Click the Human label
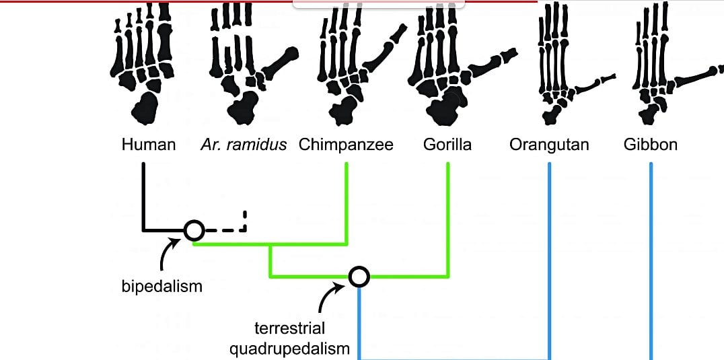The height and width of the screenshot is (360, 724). pos(148,145)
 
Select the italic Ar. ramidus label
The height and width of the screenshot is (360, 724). pos(243,145)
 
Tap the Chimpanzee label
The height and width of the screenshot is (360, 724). pos(346,145)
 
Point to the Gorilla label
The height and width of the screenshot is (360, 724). pos(447,145)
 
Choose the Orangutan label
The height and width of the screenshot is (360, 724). pos(549,145)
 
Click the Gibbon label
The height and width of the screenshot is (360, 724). pos(650,145)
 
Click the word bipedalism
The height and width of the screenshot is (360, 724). pos(161,286)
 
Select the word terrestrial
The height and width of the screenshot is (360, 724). pos(289,329)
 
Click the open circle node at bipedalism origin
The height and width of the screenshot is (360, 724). pos(194,230)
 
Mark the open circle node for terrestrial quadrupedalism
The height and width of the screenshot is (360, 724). pos(359,276)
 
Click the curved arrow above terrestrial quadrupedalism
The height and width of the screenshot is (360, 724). pos(330,299)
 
